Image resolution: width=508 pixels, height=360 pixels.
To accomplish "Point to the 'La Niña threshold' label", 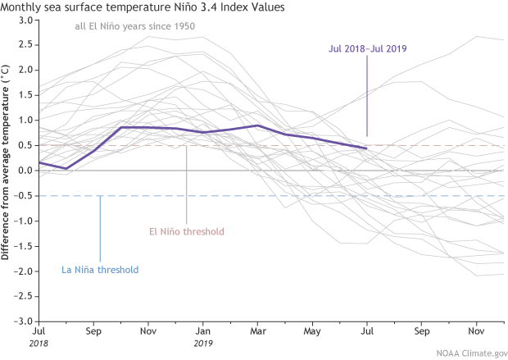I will point(100,269).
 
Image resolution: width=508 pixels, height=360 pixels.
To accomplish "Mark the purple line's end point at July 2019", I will point(366,148).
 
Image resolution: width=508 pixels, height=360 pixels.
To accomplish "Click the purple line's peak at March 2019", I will point(258,125).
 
